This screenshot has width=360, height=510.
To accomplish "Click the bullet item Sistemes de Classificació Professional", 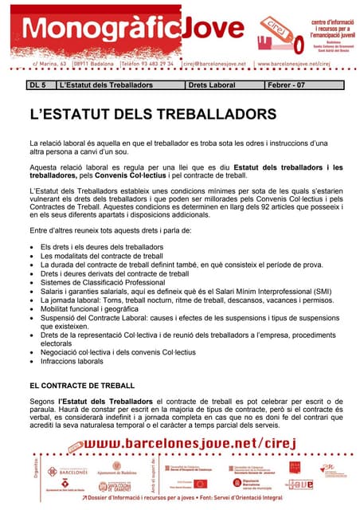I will click(x=103, y=282).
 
